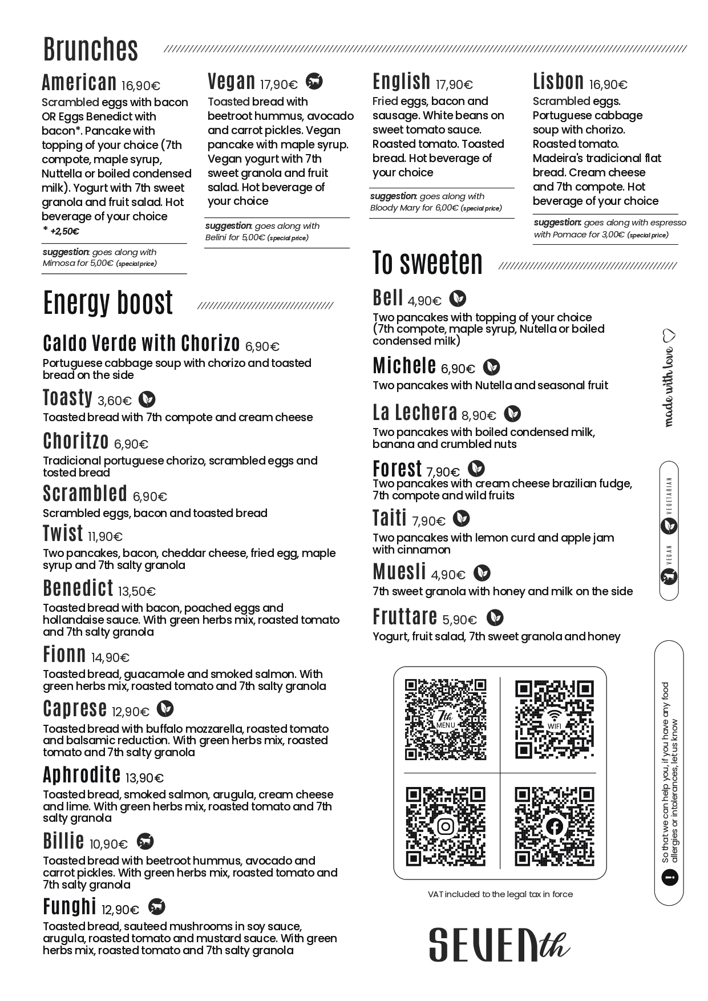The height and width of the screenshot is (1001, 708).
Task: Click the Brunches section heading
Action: click(x=91, y=50)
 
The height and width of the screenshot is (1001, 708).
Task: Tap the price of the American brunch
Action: click(x=140, y=86)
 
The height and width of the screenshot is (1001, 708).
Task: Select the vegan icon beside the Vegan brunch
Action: click(x=314, y=82)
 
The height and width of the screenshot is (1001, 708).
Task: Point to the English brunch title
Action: click(x=401, y=82)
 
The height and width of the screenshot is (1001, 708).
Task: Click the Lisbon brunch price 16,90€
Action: click(x=608, y=85)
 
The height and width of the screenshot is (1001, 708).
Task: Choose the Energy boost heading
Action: click(x=108, y=303)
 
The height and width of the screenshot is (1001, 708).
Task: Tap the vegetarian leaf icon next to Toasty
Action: click(x=148, y=399)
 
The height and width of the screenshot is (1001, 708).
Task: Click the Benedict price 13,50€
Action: click(x=137, y=591)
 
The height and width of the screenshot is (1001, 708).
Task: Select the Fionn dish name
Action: click(x=64, y=655)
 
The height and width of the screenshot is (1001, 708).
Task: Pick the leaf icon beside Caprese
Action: click(x=165, y=709)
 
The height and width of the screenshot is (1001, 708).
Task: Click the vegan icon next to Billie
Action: click(x=145, y=842)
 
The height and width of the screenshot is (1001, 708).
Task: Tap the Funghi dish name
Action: click(x=69, y=907)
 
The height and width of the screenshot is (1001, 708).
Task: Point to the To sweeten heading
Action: click(x=427, y=263)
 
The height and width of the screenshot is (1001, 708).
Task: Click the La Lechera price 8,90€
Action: click(x=479, y=415)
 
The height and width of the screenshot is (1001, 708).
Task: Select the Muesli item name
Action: click(x=399, y=572)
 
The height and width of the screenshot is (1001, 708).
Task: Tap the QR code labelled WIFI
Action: click(x=555, y=720)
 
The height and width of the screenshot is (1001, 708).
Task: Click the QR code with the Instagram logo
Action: click(x=446, y=826)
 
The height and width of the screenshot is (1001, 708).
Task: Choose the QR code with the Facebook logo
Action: click(x=555, y=826)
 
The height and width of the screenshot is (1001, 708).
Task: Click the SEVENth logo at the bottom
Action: click(x=499, y=944)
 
